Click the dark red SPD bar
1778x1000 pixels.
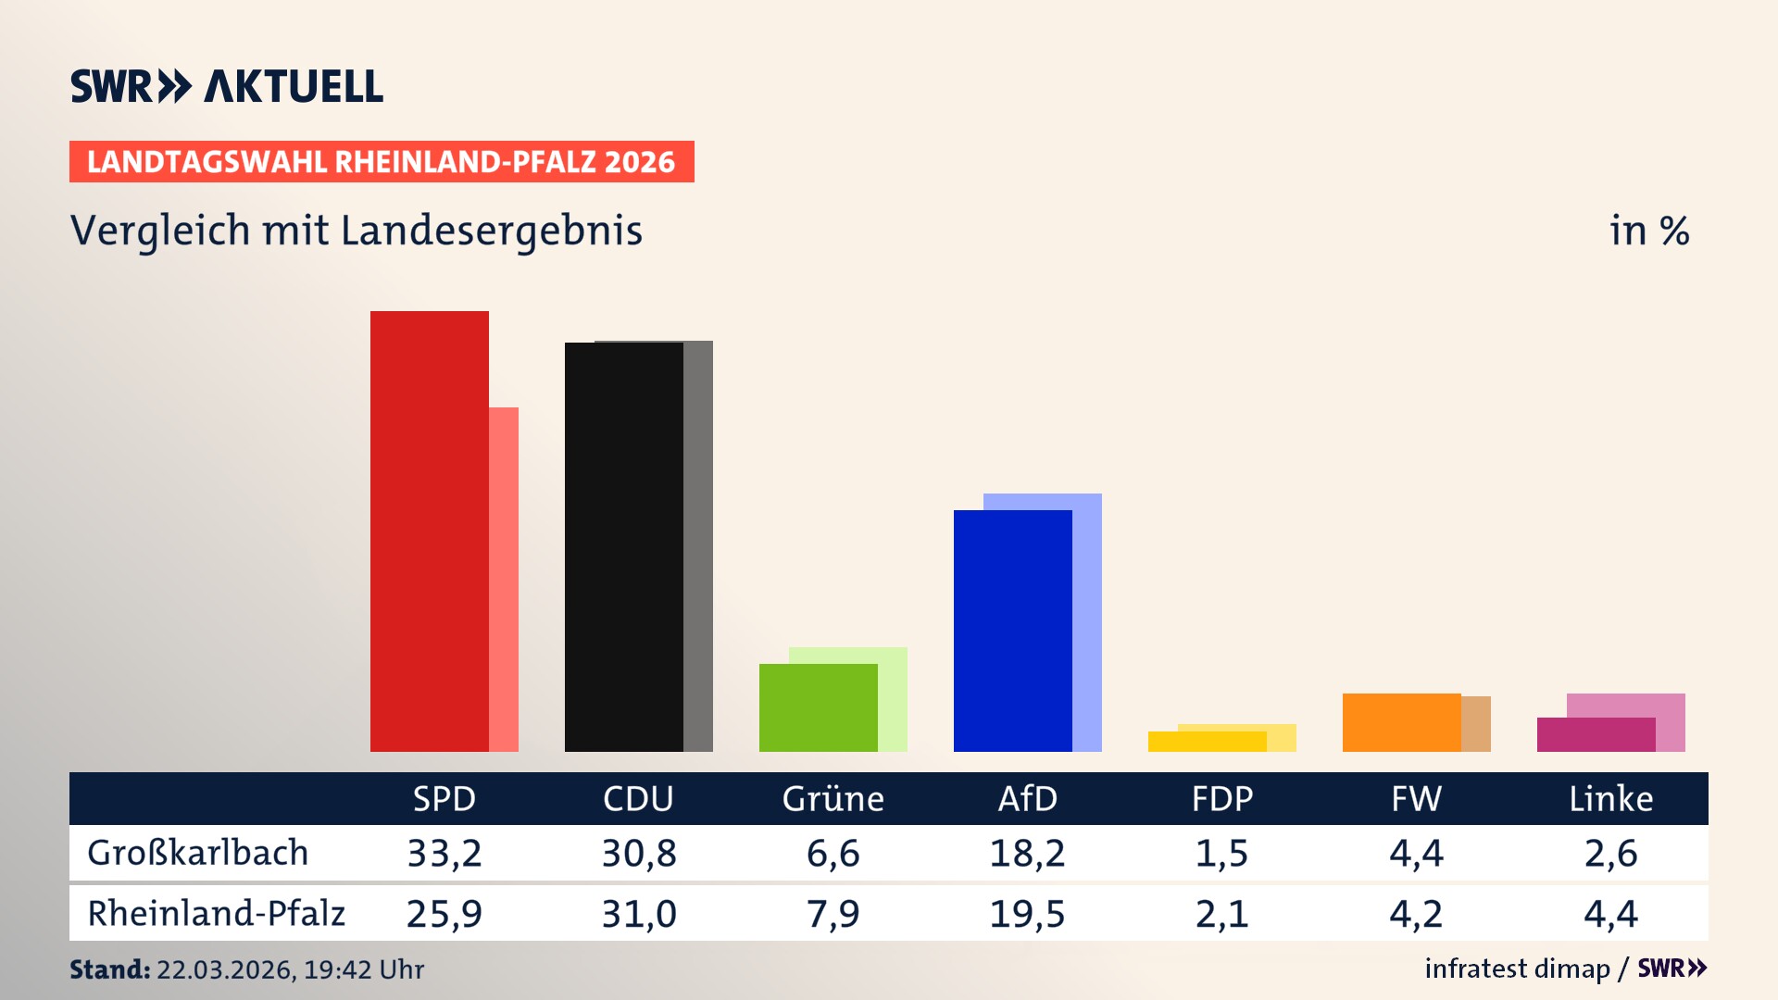pos(429,531)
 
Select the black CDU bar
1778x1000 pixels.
pos(623,547)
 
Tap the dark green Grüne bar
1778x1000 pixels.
pos(818,708)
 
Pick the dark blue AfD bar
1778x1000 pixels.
pos(1012,631)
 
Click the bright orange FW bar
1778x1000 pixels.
pos(1401,722)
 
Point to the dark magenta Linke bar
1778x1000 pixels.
pos(1596,735)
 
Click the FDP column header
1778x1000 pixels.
pos(1221,798)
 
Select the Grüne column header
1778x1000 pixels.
pos(833,798)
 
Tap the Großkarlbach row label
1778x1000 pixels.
pos(197,853)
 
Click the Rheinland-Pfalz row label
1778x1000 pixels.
pos(216,914)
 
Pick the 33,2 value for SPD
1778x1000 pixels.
pos(444,853)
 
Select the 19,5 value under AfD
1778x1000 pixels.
pos(1027,914)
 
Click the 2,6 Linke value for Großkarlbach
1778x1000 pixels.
pos(1610,853)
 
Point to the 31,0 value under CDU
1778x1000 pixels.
pos(639,914)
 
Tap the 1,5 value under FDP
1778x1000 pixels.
pos(1221,853)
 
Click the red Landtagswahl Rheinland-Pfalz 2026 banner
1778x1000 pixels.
pos(382,162)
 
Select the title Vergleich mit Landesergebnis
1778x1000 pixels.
pos(357,231)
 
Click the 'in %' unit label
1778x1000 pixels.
pos(1648,231)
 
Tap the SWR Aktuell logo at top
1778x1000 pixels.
pos(227,86)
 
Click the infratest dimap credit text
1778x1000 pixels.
pos(1517,969)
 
